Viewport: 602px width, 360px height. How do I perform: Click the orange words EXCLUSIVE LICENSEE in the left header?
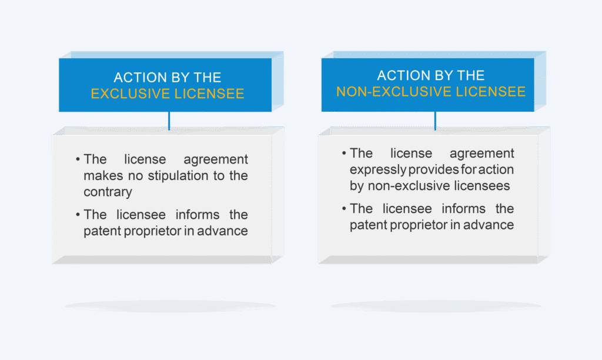point(168,94)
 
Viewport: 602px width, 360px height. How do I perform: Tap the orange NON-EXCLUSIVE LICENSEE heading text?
point(431,92)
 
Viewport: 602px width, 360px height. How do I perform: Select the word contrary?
point(108,192)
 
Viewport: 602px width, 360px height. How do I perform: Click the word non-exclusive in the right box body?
point(409,186)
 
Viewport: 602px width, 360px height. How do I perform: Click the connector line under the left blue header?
point(169,121)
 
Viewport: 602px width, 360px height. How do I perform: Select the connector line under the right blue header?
point(435,121)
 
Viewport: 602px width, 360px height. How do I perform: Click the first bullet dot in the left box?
point(78,159)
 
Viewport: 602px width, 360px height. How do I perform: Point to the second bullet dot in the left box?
point(78,214)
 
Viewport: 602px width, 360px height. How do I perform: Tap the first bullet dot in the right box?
point(344,154)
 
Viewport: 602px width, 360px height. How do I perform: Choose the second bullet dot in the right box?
point(344,209)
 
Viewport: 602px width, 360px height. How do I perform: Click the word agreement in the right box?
point(481,154)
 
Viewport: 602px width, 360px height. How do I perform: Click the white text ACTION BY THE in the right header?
point(431,75)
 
